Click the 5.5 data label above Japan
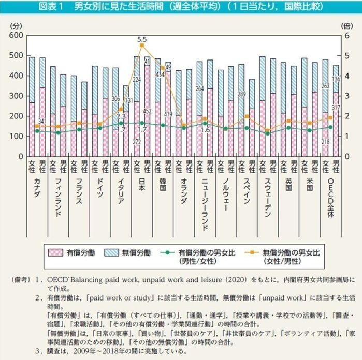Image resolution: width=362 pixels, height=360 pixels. [142, 39]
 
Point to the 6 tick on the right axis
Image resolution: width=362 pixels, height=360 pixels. [347, 35]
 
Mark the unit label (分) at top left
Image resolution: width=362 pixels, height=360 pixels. [16, 25]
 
